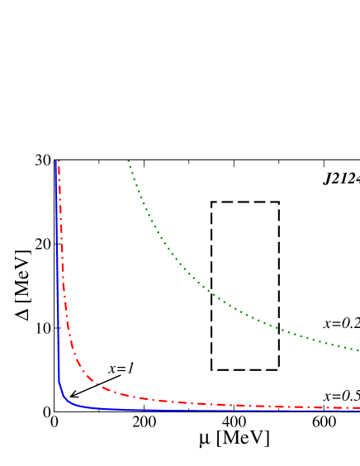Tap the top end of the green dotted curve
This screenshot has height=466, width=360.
click(x=128, y=161)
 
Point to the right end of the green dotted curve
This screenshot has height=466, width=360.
click(x=358, y=350)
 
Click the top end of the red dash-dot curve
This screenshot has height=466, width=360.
click(x=59, y=161)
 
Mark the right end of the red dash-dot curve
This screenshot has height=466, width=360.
click(x=358, y=407)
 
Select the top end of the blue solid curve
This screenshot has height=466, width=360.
click(x=55, y=161)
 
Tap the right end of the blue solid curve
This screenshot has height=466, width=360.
click(x=358, y=411)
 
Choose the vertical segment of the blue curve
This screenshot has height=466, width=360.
click(x=57, y=273)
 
